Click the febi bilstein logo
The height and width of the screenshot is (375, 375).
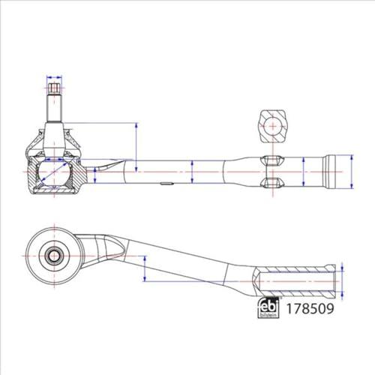coord(268,307)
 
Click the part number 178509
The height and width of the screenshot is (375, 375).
coord(310,309)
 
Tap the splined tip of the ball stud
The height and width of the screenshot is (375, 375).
coord(54,88)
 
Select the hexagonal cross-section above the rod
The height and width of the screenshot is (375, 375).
coord(273,126)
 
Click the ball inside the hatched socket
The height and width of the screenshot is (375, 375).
coord(54,172)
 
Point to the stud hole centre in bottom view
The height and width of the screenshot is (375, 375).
coord(54,256)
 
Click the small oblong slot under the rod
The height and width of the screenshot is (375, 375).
coord(166,183)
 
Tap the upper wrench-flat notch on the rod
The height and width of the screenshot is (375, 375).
coord(273,160)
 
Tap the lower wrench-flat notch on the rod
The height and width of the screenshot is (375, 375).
coord(273,182)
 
